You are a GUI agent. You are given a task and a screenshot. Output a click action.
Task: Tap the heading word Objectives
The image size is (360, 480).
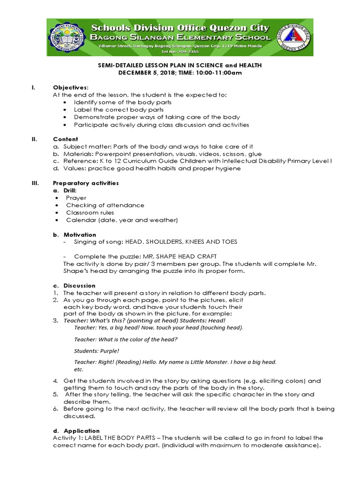pos(70,88)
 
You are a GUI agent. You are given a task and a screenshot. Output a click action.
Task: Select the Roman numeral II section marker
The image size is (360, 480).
pos(34,139)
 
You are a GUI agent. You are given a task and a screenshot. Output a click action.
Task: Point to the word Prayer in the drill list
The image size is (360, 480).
pos(76,198)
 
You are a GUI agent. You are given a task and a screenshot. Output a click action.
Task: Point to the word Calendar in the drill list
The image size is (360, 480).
pos(80,220)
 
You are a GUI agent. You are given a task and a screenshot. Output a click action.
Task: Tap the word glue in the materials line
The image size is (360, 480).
pos(255,154)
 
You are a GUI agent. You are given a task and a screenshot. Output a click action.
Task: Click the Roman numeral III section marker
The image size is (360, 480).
pos(35,183)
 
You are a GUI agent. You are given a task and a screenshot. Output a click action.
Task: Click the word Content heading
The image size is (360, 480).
pos(66,139)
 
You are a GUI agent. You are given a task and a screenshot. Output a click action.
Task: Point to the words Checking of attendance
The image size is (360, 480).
pos(105,205)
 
